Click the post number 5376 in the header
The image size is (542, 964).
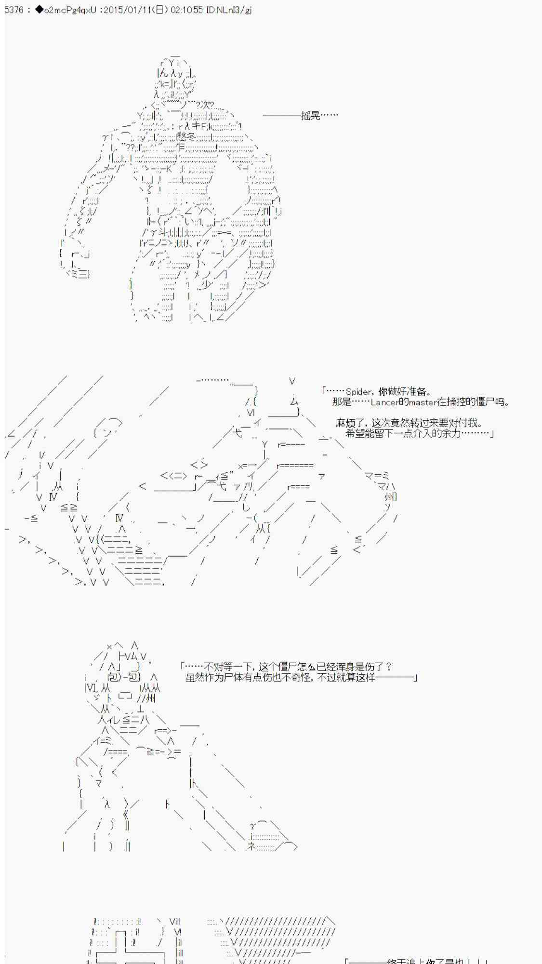point(13,10)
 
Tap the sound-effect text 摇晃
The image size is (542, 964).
point(311,116)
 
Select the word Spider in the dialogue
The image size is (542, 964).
point(358,392)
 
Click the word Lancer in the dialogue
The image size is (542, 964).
point(385,402)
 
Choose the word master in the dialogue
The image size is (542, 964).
point(423,402)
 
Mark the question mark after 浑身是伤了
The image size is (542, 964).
point(389,667)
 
